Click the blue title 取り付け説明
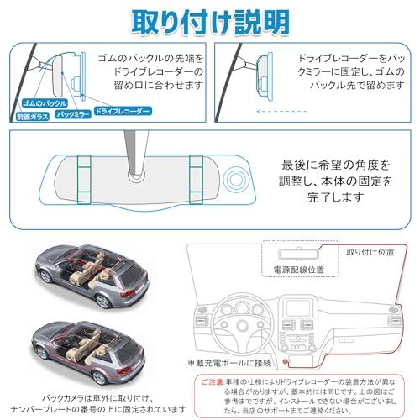click(210, 18)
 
